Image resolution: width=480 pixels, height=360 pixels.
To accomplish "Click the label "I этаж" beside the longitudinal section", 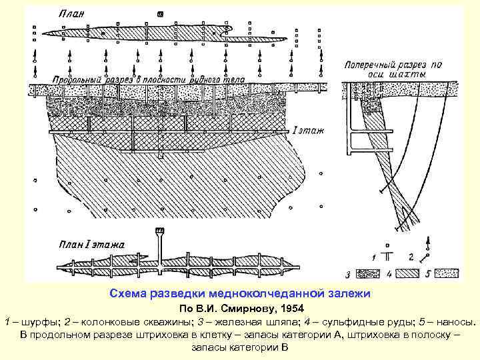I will (307, 130).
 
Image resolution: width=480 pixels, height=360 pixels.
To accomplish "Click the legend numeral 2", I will (412, 256).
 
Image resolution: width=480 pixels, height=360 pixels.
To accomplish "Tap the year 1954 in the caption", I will (286, 309).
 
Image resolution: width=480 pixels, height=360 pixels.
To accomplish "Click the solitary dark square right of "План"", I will (159, 13).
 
